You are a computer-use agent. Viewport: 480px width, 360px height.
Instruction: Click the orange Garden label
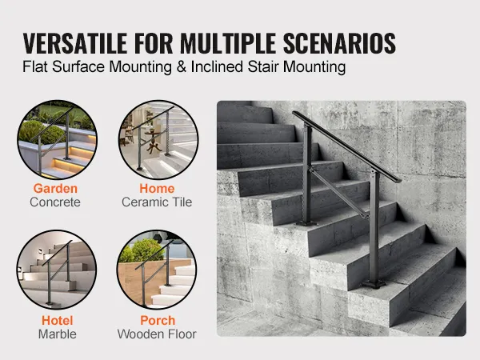(55, 189)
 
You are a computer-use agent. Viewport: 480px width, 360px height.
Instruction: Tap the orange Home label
(157, 189)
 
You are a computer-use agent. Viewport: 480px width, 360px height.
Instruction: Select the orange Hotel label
(55, 320)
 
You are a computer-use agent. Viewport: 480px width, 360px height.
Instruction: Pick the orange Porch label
(157, 320)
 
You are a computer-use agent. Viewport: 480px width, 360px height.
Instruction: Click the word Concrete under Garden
(55, 203)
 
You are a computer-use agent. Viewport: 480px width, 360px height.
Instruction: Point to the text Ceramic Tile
(157, 203)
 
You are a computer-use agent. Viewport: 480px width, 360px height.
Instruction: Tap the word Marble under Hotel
(55, 334)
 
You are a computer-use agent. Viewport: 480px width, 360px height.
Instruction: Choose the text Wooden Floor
(157, 334)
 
